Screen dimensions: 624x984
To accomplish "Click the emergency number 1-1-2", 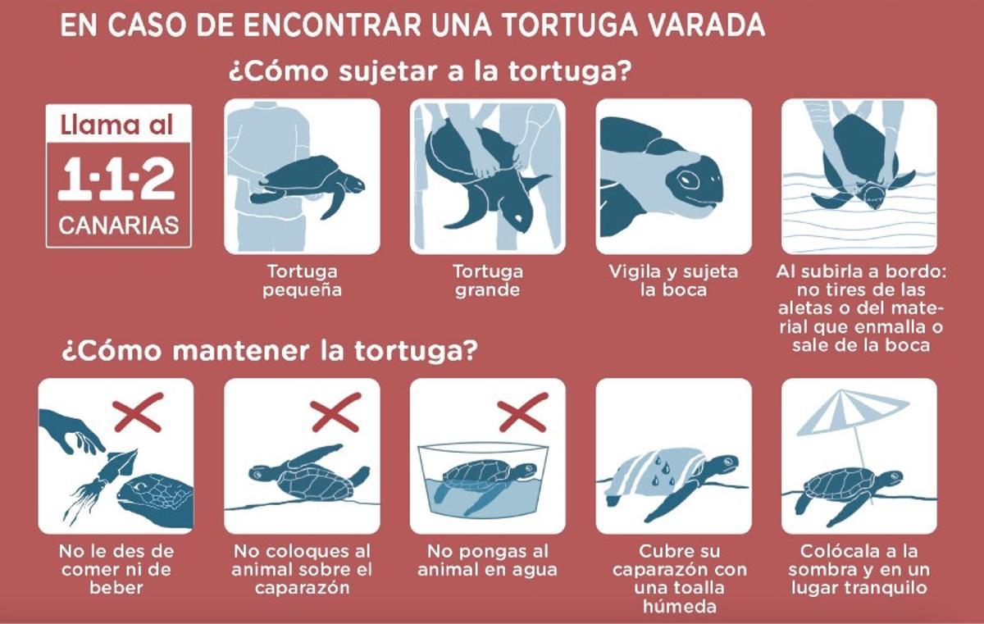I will coord(117,180).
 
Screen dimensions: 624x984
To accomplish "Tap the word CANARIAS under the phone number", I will coord(118,225).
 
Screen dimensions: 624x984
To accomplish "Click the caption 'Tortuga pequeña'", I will coord(302,280).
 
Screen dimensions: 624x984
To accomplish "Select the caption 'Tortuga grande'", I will coord(487,280).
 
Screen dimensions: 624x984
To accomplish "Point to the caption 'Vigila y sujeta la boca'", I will coord(673,280).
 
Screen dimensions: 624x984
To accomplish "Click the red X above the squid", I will coord(138,412).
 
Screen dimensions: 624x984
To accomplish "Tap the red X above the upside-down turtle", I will coord(336,412).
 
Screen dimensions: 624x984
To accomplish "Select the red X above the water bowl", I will coord(522,412).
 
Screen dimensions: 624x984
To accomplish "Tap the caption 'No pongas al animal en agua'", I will coord(487,560).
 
